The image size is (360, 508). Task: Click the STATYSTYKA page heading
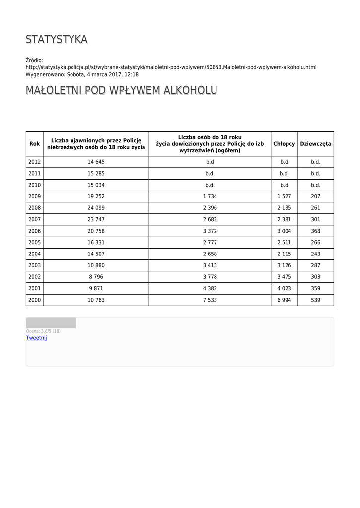click(x=57, y=39)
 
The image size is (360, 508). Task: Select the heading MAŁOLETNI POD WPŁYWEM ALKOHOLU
click(x=121, y=90)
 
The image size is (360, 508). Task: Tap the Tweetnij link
click(x=36, y=338)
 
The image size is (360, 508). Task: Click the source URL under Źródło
click(x=171, y=67)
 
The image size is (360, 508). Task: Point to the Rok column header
click(x=35, y=144)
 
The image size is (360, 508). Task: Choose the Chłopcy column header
click(x=284, y=144)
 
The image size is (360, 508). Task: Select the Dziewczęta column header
click(x=316, y=144)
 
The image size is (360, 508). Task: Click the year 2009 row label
click(x=35, y=196)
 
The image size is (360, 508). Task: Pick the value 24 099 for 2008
click(x=96, y=208)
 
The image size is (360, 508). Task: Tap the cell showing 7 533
click(x=210, y=300)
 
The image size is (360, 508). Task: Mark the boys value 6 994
click(x=284, y=300)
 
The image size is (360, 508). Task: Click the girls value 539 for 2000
click(x=316, y=300)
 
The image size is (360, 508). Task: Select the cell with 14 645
click(x=96, y=162)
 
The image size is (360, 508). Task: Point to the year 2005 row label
click(x=35, y=243)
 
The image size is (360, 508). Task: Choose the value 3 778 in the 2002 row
click(x=210, y=277)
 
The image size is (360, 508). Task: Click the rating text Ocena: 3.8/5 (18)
click(x=43, y=331)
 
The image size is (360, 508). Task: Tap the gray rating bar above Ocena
click(x=51, y=323)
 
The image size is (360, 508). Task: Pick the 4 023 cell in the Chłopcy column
click(x=284, y=289)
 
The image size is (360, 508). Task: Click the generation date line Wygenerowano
click(x=82, y=75)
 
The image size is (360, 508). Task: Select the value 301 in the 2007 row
click(x=316, y=219)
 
